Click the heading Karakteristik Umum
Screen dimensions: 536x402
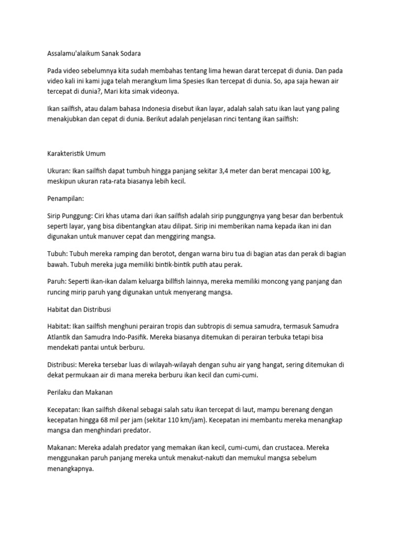pyautogui.click(x=76, y=154)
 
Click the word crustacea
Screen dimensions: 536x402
pyautogui.click(x=286, y=448)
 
